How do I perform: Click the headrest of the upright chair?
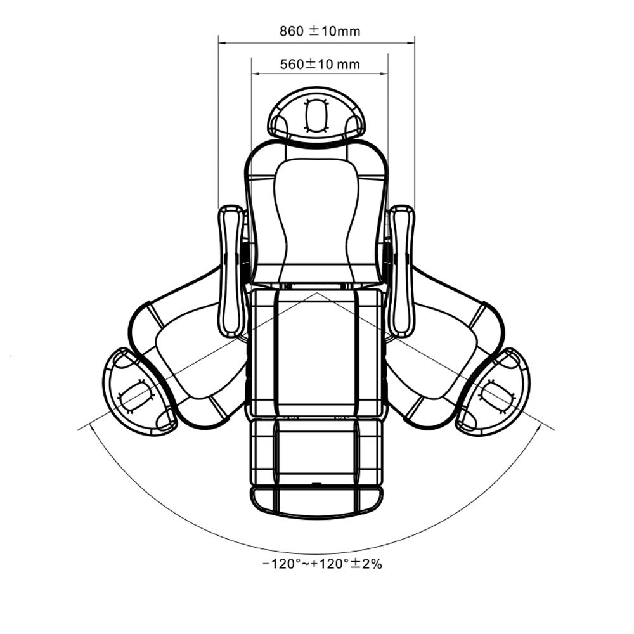tap(316, 114)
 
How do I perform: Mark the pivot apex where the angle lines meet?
tap(316, 293)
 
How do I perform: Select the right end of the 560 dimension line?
tap(388, 74)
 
